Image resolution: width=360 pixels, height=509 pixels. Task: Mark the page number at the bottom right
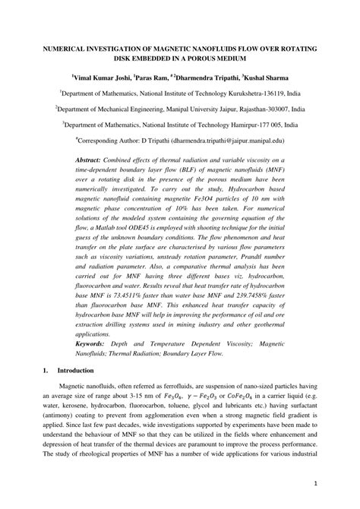[x=314, y=483]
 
